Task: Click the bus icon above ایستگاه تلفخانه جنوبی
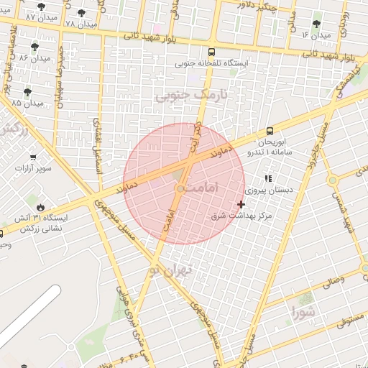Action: [211, 52]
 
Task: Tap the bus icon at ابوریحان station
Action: [270, 131]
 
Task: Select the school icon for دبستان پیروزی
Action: [268, 178]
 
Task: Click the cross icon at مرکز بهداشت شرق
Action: [241, 204]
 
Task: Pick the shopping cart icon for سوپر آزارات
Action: [33, 157]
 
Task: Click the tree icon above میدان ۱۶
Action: [316, 24]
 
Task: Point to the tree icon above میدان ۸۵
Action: [27, 92]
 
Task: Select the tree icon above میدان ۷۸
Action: [80, 12]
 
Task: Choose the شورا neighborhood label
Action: [303, 312]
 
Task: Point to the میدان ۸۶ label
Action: [34, 57]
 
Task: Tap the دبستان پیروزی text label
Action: [267, 191]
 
